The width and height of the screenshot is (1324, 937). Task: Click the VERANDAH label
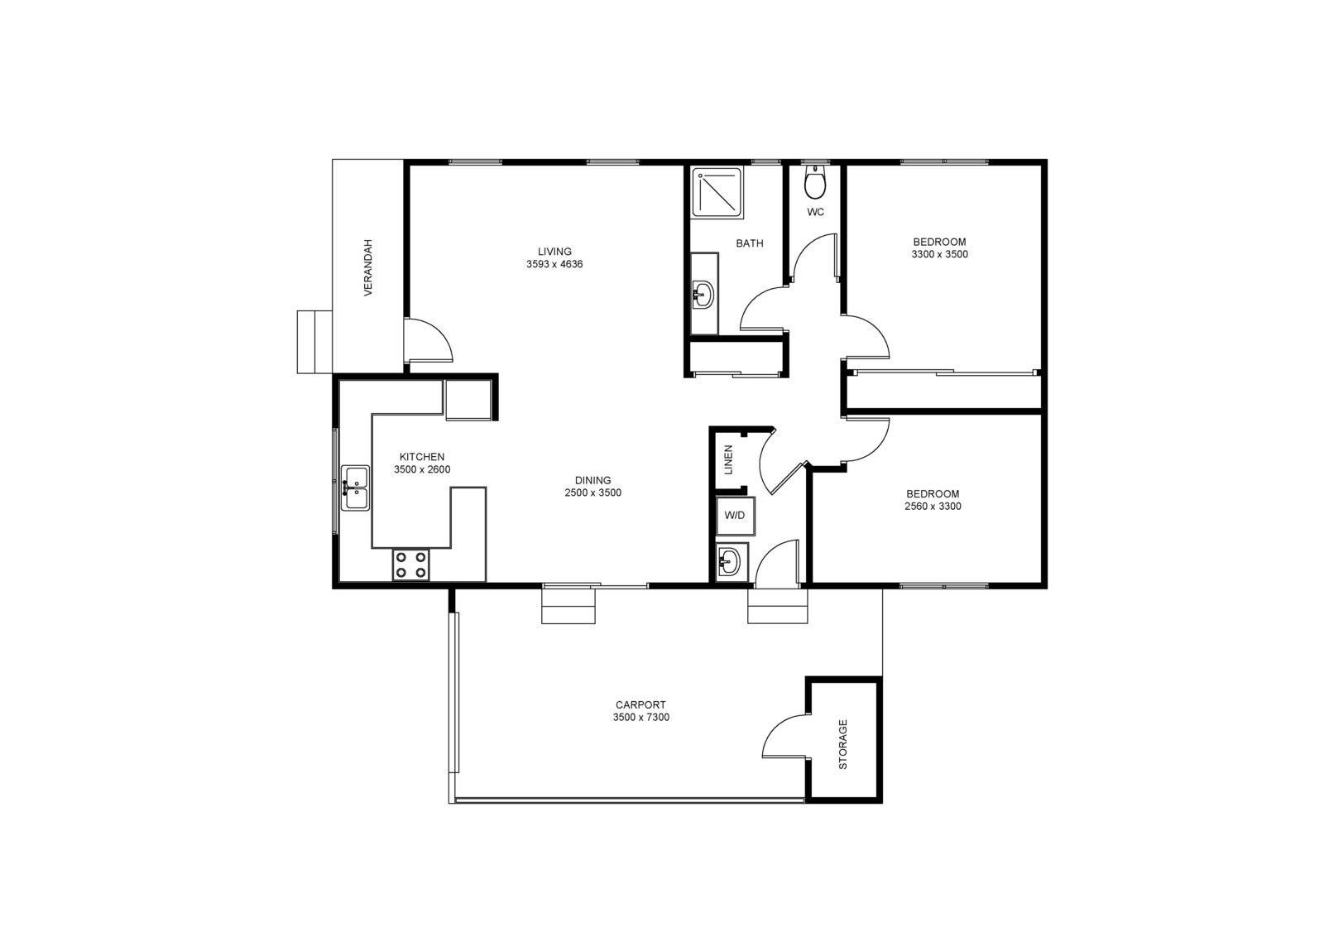click(x=368, y=267)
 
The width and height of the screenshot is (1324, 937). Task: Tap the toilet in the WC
click(x=815, y=183)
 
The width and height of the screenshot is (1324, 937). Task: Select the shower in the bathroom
click(x=717, y=193)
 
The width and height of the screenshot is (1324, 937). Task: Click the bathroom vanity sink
click(x=703, y=293)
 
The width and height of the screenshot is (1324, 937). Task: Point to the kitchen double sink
click(x=356, y=488)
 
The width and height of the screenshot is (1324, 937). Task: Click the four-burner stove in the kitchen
click(x=410, y=565)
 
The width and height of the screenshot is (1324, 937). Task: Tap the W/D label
click(x=734, y=516)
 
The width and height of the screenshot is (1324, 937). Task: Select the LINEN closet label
click(x=728, y=459)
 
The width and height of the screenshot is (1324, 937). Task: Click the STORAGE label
click(x=843, y=744)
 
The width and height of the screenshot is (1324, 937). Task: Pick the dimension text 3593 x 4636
click(x=554, y=265)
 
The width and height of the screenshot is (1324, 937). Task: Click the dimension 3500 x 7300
click(x=640, y=718)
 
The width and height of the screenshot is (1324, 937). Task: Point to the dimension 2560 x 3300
click(x=933, y=507)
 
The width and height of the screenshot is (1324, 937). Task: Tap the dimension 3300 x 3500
click(x=939, y=255)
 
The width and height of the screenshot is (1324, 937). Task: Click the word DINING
click(x=592, y=480)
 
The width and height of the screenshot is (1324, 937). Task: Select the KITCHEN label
click(x=422, y=457)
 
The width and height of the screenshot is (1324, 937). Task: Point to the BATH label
click(x=750, y=243)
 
